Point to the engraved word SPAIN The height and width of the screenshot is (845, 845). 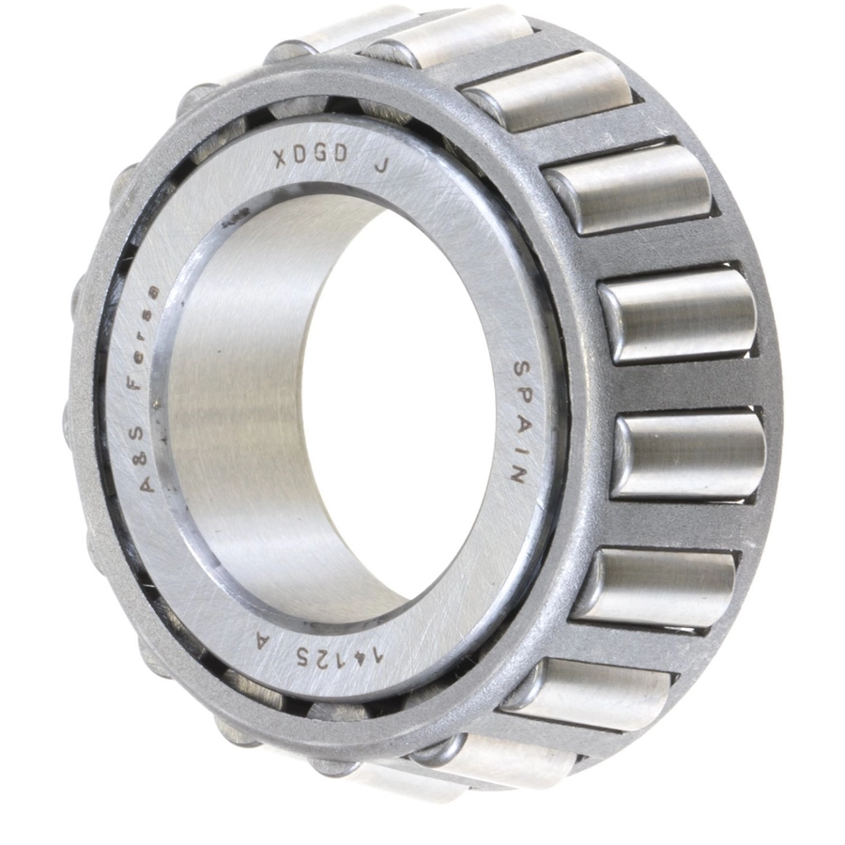(x=519, y=422)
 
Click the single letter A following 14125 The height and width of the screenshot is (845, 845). (x=263, y=640)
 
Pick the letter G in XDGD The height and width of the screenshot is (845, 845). (x=321, y=155)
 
